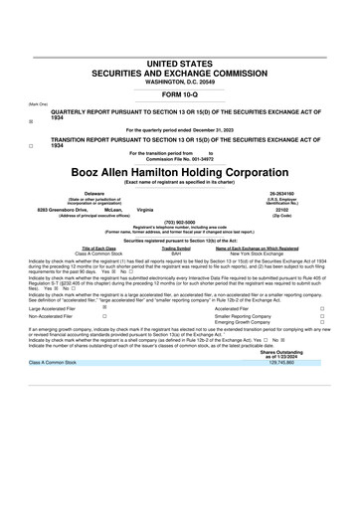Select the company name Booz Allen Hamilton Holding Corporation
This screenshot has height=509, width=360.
pyautogui.click(x=180, y=170)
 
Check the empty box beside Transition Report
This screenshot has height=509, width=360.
pyautogui.click(x=32, y=144)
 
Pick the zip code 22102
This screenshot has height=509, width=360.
pyautogui.click(x=286, y=210)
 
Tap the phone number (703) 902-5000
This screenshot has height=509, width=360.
pyautogui.click(x=180, y=222)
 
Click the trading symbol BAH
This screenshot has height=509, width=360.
pyautogui.click(x=176, y=254)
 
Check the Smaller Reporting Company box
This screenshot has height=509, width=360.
pyautogui.click(x=321, y=316)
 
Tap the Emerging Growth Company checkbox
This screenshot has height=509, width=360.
pyautogui.click(x=321, y=323)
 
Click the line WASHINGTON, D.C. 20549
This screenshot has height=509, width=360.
pyautogui.click(x=180, y=80)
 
